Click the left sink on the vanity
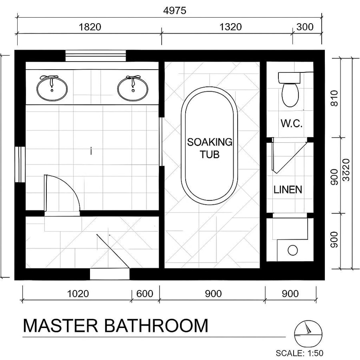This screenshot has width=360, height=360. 52,88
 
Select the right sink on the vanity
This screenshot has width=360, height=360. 133,88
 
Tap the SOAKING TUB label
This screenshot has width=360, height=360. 210,148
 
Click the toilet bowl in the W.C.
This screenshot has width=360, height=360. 290,94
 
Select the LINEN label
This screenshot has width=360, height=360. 288,190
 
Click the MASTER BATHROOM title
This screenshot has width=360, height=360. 116,326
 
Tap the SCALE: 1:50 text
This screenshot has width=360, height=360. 299,353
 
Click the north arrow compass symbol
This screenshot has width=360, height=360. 308,334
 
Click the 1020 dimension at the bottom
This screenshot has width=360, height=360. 78,294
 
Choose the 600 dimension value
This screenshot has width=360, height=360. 144,294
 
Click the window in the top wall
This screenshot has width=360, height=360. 96,56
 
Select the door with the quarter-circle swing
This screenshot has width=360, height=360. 62,194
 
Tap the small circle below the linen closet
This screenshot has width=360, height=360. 293,250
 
